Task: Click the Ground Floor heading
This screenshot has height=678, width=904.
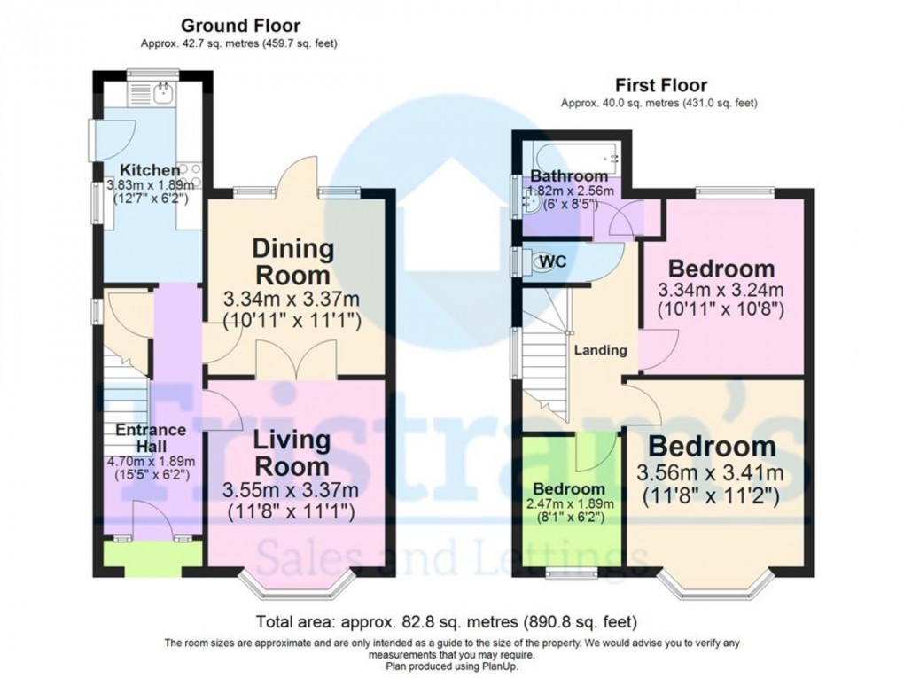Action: coord(240,26)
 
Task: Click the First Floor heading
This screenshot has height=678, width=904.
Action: coord(661,85)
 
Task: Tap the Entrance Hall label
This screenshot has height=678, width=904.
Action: coord(151,437)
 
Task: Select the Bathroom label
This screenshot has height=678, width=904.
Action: coord(569,175)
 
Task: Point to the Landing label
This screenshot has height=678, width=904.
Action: coord(602,350)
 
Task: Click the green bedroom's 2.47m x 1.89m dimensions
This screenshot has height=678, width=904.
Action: coord(569,504)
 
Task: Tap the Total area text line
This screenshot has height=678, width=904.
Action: coord(446,620)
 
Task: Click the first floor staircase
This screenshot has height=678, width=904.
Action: coord(545,355)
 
